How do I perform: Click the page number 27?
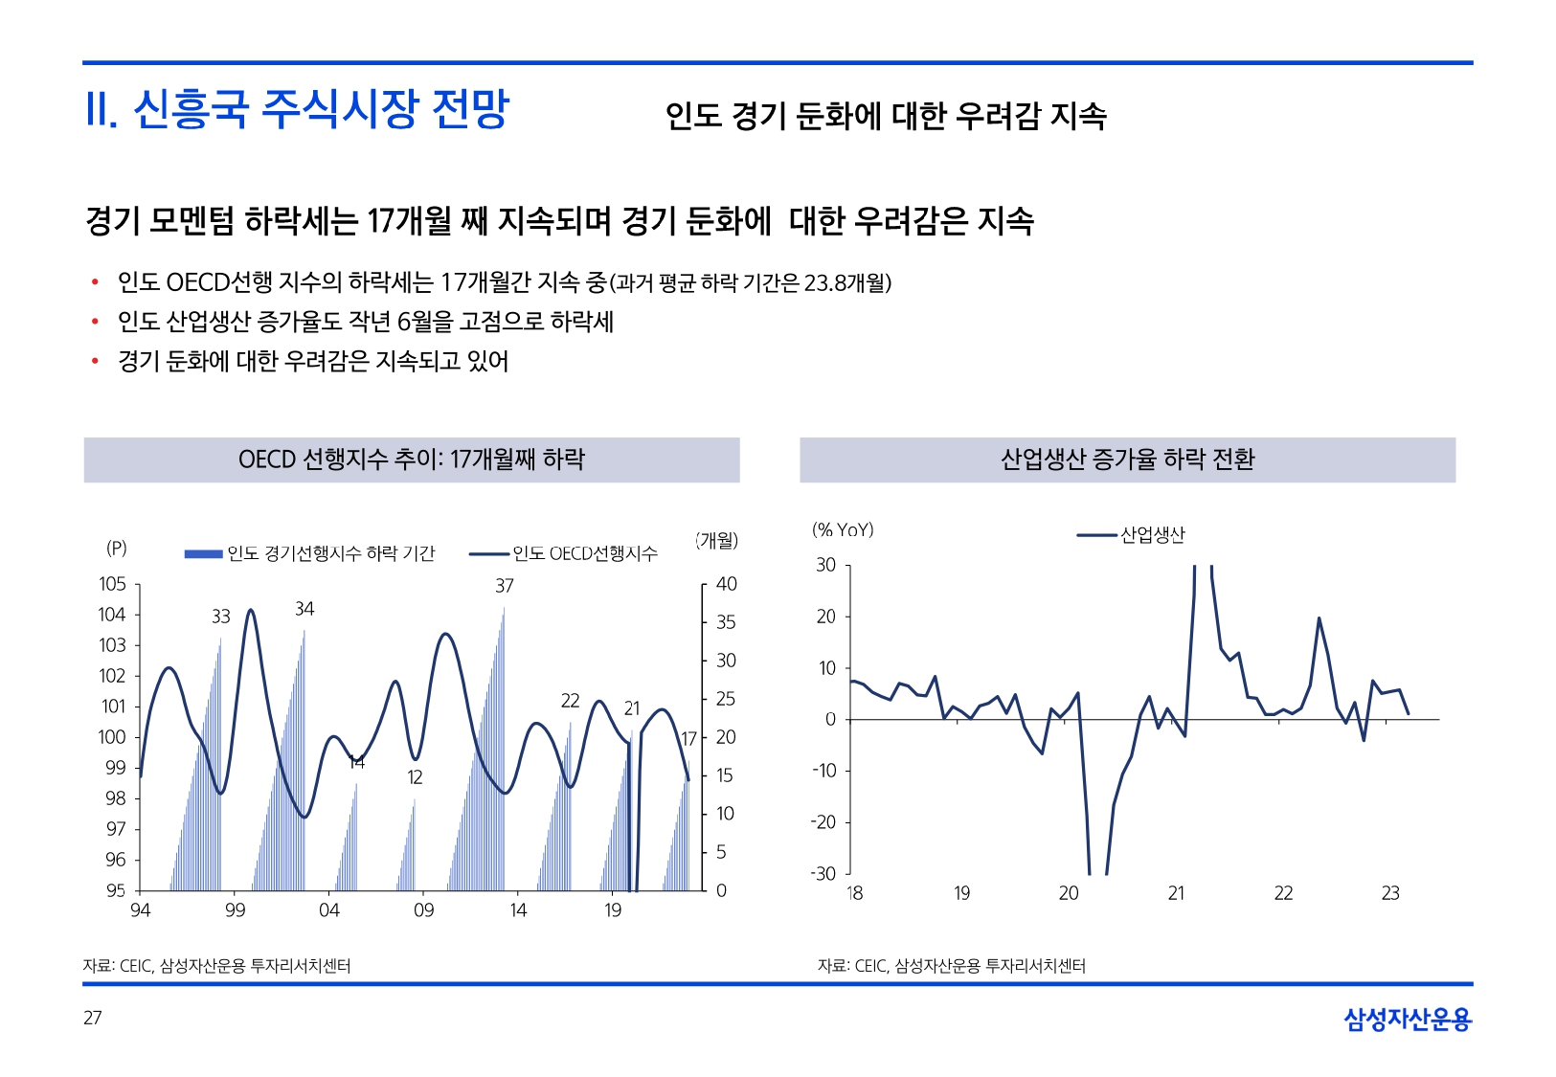point(93,1018)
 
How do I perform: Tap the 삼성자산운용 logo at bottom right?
point(1407,1020)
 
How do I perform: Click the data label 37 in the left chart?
point(505,586)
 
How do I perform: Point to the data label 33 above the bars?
point(221,617)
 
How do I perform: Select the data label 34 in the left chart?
point(304,609)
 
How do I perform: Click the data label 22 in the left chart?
point(570,701)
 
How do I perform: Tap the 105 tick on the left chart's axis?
point(112,584)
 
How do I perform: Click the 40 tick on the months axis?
point(727,584)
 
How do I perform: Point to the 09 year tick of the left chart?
point(423,910)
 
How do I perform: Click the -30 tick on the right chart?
point(823,874)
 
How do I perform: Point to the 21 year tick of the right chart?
point(1176,893)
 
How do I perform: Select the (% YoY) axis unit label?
point(843,529)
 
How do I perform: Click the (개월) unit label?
point(717,541)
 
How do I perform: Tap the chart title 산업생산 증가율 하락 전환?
point(1127,460)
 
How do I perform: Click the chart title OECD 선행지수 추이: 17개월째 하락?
point(411,460)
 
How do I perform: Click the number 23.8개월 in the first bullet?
point(845,282)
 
